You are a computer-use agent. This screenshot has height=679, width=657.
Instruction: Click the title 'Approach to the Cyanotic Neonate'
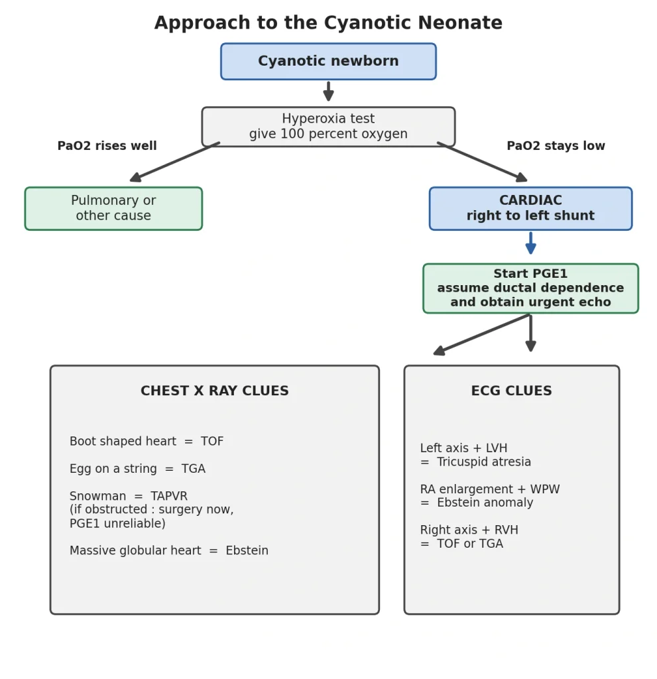point(328,23)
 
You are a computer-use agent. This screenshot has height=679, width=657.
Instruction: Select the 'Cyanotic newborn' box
point(328,62)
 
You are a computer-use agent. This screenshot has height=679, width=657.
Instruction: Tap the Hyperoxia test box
point(328,127)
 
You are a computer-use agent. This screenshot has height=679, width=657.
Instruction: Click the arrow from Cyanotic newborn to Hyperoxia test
point(328,91)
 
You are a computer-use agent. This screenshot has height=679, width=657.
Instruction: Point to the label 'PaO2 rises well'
point(107,145)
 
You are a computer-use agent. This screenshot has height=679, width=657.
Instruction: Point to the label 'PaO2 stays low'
point(556,145)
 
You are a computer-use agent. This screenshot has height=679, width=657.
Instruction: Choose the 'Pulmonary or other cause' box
point(113,208)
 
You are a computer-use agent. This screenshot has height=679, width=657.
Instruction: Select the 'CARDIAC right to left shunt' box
point(530,208)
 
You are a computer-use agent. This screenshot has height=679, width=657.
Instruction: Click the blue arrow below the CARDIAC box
point(530,243)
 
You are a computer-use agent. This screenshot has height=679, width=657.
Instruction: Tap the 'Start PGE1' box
point(530,288)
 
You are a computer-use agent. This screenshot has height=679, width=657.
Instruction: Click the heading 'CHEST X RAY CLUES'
point(214,391)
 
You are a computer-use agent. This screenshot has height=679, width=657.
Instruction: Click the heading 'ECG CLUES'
point(512,391)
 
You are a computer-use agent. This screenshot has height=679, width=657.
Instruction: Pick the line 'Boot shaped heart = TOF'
point(147,441)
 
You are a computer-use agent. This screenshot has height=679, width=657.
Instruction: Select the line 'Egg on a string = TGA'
point(137,469)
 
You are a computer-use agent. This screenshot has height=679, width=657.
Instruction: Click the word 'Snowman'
point(98,496)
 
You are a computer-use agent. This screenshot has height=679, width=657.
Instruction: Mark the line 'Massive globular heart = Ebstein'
point(169,550)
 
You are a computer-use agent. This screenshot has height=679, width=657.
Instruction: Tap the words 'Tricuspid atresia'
point(484,462)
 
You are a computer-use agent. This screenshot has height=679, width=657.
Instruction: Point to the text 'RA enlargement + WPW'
point(490,489)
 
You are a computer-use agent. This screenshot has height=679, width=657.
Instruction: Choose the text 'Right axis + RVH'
point(469,530)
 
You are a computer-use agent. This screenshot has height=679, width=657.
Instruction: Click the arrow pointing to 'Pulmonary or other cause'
point(174,162)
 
